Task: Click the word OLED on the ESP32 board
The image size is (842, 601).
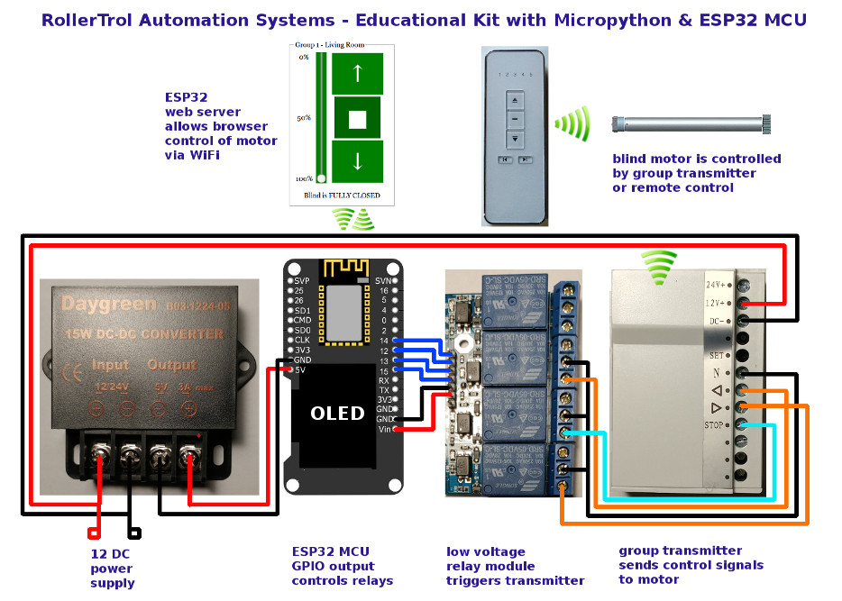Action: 337,414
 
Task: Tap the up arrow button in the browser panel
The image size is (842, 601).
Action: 357,73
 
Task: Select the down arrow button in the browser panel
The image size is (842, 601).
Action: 357,161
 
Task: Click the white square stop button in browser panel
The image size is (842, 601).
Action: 357,117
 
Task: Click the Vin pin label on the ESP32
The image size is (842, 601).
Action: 383,430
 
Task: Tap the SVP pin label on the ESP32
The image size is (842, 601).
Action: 301,281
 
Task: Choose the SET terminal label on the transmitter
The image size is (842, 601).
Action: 718,355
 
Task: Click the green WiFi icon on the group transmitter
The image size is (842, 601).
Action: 659,265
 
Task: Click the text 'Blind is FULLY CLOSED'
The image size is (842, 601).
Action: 342,196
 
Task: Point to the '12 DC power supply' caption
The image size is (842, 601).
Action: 112,568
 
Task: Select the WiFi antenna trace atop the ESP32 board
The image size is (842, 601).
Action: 343,268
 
